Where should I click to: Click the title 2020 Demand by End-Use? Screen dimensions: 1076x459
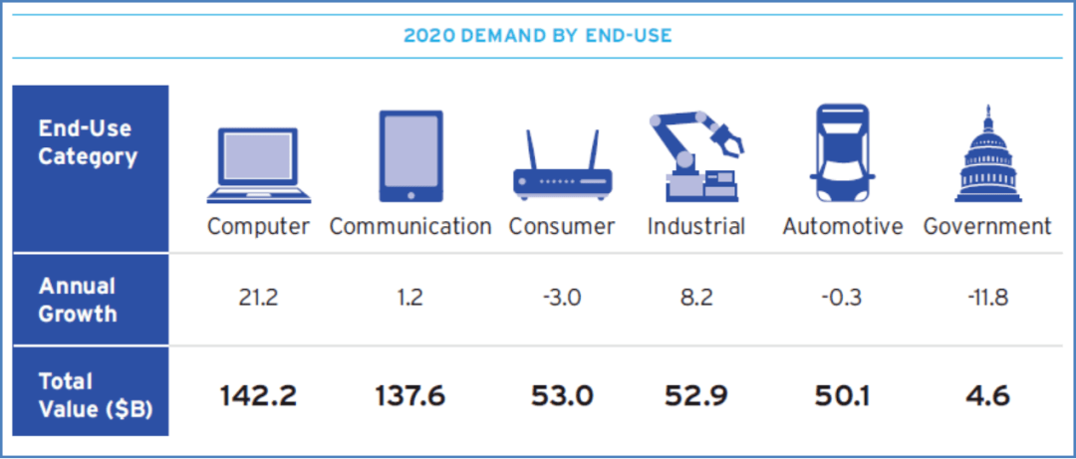point(537,36)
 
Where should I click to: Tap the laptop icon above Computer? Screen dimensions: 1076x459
point(259,165)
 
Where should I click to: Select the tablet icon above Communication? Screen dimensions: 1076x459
point(411,156)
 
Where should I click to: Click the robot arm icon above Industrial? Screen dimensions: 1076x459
point(695,155)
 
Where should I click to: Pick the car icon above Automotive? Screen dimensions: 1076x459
point(842,152)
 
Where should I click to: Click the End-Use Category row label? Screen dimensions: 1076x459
point(87,142)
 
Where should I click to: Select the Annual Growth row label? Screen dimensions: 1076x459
point(78,300)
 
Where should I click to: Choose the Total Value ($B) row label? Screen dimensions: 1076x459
point(96,395)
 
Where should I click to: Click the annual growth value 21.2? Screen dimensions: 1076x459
point(259,299)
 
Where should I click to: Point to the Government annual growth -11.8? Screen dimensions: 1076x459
point(987,299)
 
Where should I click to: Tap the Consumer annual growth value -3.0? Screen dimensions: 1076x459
point(562,299)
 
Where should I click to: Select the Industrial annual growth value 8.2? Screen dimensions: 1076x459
point(695,299)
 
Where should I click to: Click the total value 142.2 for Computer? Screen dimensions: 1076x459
point(259,396)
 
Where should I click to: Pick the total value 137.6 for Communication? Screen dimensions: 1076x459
point(411,396)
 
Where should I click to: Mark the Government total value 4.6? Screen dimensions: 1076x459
point(987,396)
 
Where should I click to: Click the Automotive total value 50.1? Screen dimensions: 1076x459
point(842,396)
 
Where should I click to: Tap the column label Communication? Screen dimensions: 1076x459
point(410,227)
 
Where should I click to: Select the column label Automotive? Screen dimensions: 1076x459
point(843,227)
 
